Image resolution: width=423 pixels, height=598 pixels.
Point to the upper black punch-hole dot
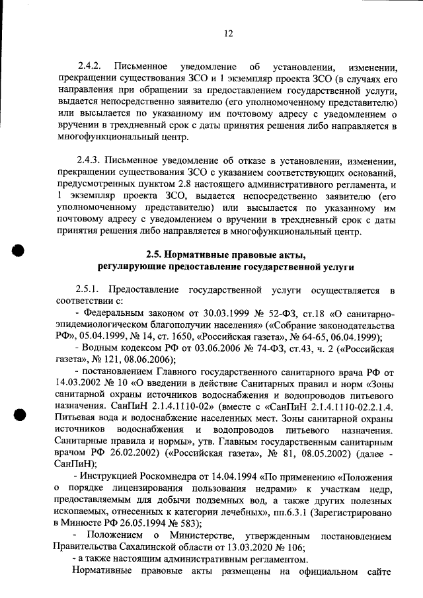point(19,253)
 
